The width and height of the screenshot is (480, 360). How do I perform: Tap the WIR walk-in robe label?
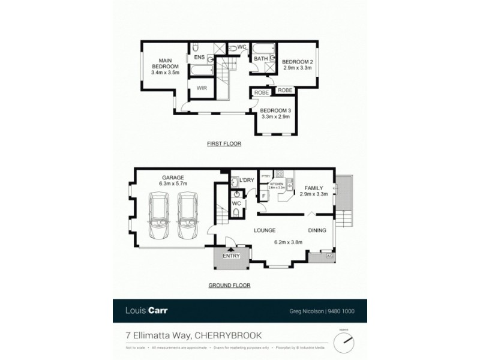(x=202, y=88)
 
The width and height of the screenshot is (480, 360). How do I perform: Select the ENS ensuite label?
(x=199, y=58)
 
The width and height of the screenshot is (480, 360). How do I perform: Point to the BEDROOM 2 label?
(x=298, y=62)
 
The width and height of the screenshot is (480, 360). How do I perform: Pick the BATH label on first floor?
(x=260, y=59)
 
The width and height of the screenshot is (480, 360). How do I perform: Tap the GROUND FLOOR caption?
(x=229, y=286)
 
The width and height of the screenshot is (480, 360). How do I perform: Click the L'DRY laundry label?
(x=247, y=181)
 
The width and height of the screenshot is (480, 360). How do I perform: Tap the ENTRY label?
(x=231, y=256)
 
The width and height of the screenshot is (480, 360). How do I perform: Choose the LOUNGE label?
(x=264, y=230)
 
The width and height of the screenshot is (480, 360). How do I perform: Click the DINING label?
(x=317, y=230)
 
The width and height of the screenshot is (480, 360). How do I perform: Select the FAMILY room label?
(x=313, y=187)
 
